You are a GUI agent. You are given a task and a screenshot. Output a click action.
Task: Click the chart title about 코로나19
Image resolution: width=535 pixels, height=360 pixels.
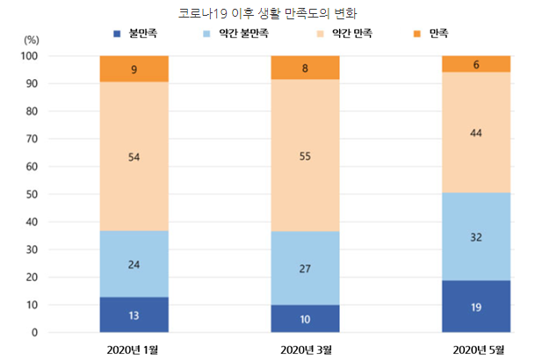[268, 14]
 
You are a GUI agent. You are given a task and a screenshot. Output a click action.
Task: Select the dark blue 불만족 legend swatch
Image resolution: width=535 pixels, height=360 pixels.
[118, 34]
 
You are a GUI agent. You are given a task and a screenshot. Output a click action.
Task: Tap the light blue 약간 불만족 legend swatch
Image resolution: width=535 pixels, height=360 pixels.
[207, 34]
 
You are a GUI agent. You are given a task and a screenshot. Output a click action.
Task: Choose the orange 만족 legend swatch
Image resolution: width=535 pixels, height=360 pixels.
[416, 34]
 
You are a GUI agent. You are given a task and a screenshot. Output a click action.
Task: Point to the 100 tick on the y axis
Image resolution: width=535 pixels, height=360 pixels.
[30, 56]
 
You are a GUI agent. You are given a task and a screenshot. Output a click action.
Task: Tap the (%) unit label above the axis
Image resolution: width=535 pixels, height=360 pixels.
[32, 40]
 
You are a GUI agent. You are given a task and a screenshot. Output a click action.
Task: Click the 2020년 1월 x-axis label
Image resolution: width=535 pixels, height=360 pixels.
[134, 349]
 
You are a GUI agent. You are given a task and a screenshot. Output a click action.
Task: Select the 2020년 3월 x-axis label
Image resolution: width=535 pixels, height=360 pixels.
[305, 349]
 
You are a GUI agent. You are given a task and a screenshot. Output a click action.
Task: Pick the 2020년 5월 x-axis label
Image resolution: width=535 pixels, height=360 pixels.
[476, 349]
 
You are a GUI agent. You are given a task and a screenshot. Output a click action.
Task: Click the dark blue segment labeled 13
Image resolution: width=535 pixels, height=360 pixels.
[134, 315]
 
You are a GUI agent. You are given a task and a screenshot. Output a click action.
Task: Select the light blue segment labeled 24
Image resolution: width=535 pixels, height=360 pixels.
[134, 264]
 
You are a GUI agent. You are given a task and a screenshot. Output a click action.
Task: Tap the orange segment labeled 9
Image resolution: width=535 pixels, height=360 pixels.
[134, 68]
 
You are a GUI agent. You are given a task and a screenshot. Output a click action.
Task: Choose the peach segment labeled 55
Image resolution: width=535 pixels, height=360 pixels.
[305, 155]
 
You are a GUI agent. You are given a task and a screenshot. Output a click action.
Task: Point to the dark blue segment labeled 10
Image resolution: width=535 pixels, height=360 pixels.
[305, 320]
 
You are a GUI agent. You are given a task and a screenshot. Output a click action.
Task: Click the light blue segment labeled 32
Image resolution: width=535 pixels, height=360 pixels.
[476, 236]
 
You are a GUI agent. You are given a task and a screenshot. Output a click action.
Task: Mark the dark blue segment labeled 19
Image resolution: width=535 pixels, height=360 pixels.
[476, 306]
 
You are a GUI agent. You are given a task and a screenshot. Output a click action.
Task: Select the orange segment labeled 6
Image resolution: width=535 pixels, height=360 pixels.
[476, 64]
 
